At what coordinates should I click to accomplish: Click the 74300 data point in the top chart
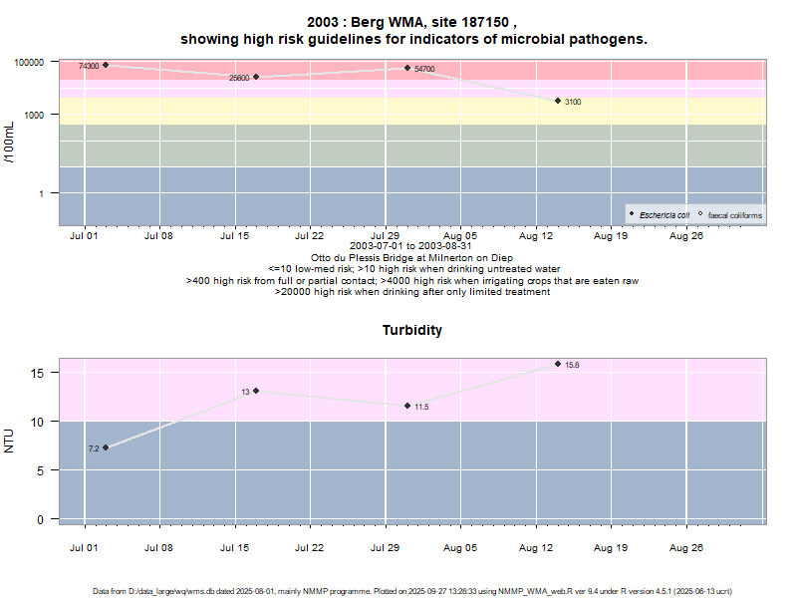106,65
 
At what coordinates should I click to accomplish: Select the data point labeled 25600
256,77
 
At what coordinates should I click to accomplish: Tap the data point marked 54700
407,68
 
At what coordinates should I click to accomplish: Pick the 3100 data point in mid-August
558,101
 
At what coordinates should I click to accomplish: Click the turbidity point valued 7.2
106,448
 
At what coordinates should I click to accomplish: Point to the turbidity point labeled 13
256,391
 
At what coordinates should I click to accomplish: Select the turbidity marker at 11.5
407,406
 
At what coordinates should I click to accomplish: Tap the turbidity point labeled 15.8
558,364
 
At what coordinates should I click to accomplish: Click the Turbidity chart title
411,330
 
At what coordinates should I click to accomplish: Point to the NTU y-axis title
10,440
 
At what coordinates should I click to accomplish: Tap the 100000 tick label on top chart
30,62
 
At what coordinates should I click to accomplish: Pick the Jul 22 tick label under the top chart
310,236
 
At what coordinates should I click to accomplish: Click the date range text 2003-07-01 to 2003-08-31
411,245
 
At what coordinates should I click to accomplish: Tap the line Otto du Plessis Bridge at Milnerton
411,257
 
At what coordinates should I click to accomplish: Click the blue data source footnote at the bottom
411,591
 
